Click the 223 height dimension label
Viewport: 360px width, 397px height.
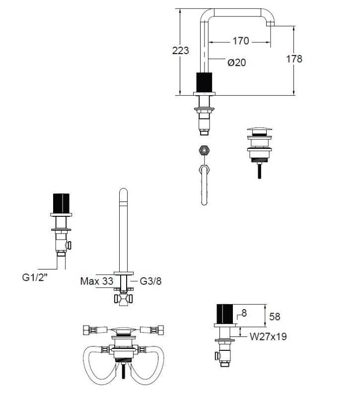tap(180, 51)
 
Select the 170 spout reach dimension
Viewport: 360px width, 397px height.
tap(241, 41)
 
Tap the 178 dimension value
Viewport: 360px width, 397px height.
tap(294, 59)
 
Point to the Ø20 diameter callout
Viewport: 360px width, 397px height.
tap(237, 63)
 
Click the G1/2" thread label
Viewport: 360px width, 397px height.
tap(35, 277)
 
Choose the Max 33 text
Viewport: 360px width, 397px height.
tap(96, 281)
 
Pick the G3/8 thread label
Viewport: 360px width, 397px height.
tap(150, 281)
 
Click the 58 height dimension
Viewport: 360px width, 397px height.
tap(275, 317)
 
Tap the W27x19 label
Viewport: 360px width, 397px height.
tap(268, 336)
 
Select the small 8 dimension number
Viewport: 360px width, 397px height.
tap(244, 313)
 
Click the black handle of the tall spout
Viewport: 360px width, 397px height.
tap(204, 82)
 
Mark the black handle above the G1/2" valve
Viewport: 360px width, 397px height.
tap(61, 203)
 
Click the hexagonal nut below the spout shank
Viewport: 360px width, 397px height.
tap(204, 150)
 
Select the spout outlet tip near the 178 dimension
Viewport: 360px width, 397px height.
tap(270, 24)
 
